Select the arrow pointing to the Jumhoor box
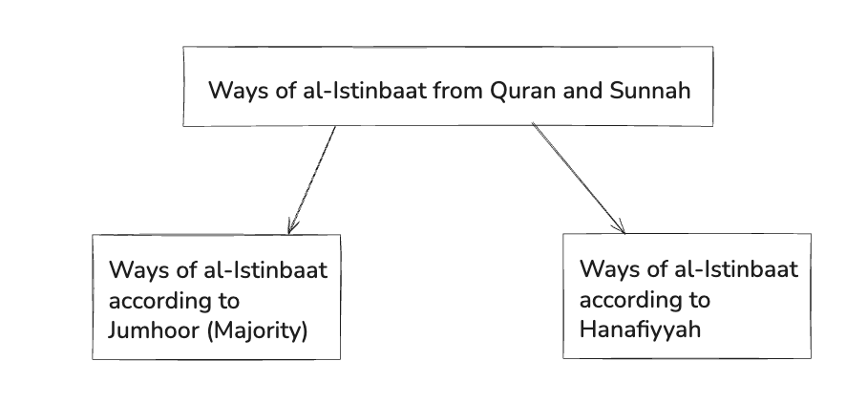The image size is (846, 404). point(312,180)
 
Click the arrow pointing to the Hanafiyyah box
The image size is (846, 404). point(578,179)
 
